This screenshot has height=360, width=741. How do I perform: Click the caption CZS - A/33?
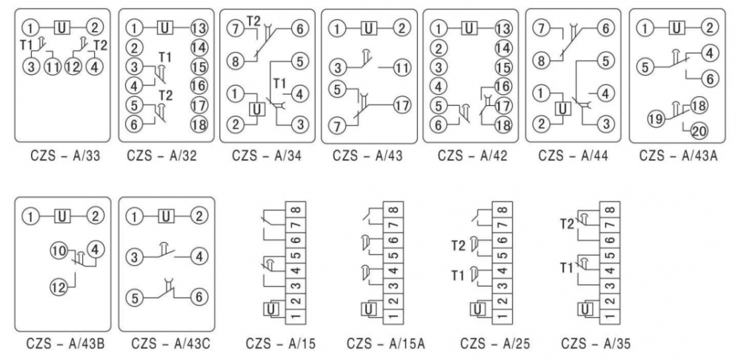click(x=61, y=156)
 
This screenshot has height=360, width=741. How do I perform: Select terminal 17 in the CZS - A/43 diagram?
click(x=401, y=104)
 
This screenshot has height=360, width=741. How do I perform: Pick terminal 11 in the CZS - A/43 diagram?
click(x=401, y=67)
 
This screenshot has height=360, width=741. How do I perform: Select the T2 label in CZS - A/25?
click(x=459, y=244)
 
